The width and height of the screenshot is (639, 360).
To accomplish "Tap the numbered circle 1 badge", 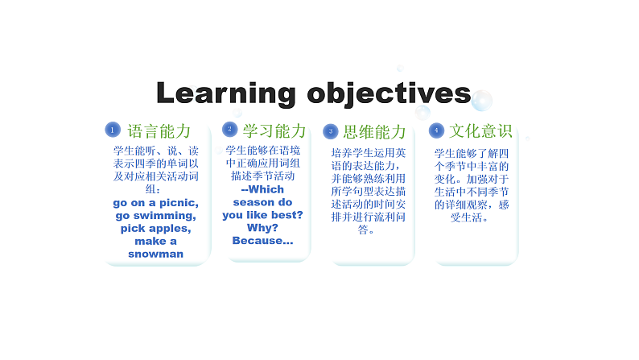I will click(113, 130).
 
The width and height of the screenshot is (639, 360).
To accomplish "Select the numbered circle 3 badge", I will click(330, 130).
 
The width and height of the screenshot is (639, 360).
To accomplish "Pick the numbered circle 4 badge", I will click(435, 130).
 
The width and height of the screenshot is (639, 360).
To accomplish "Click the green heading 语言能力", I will click(159, 130).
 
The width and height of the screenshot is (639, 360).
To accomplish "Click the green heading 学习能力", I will click(274, 130).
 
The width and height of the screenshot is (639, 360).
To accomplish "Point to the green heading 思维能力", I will click(374, 131).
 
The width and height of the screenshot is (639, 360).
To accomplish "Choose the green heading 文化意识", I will click(480, 130).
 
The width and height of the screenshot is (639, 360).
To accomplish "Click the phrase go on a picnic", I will click(155, 203).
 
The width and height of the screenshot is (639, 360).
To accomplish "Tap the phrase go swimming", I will click(155, 216).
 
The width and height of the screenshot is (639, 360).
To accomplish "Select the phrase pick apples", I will click(155, 229).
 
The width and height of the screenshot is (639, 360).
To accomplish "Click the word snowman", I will click(155, 254).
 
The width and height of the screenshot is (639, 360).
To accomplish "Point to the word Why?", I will click(262, 228).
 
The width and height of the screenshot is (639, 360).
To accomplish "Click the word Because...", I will click(262, 241).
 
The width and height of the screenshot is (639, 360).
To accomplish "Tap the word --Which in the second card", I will click(262, 189).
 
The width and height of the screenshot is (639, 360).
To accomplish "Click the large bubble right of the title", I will click(481, 101).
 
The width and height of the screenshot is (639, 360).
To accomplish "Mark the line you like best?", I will click(262, 215).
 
